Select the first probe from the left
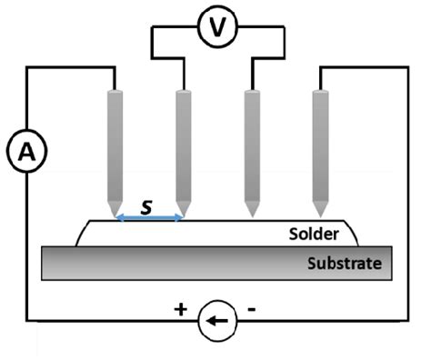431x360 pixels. (115, 145)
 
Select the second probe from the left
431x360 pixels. (183, 145)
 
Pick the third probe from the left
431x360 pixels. (253, 145)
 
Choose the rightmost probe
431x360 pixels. (320, 145)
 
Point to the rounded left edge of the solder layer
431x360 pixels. (80, 233)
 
